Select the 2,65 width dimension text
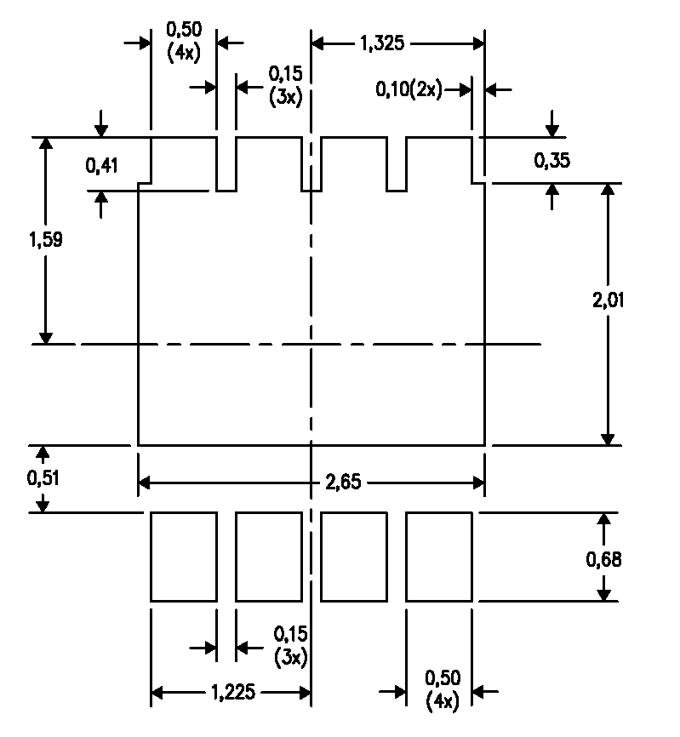click(342, 483)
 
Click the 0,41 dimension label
click(101, 166)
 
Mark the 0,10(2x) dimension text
click(409, 89)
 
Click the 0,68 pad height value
click(603, 559)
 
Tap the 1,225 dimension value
click(231, 693)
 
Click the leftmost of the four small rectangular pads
click(184, 557)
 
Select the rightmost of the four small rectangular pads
click(439, 557)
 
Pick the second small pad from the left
click(269, 557)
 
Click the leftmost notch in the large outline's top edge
click(226, 164)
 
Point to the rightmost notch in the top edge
click(397, 164)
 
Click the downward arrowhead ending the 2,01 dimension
click(608, 437)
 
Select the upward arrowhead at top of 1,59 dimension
click(46, 145)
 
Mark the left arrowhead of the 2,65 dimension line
click(144, 483)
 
